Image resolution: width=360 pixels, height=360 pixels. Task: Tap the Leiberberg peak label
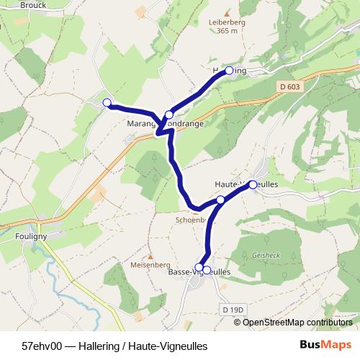click(x=228, y=22)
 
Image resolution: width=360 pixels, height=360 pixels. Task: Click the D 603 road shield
click(x=287, y=86)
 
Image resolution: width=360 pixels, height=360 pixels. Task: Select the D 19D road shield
click(x=234, y=309)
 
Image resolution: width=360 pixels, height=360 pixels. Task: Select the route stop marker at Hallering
click(x=229, y=71)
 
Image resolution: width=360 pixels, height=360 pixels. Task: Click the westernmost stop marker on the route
click(x=107, y=103)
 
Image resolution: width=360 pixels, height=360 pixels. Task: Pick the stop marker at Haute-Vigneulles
click(x=253, y=185)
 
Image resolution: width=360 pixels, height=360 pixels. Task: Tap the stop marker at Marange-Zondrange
click(x=169, y=114)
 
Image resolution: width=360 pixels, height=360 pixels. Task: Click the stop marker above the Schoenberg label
click(x=221, y=199)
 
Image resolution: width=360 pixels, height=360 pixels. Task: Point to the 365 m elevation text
click(x=228, y=31)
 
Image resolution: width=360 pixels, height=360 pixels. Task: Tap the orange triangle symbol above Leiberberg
click(x=228, y=13)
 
